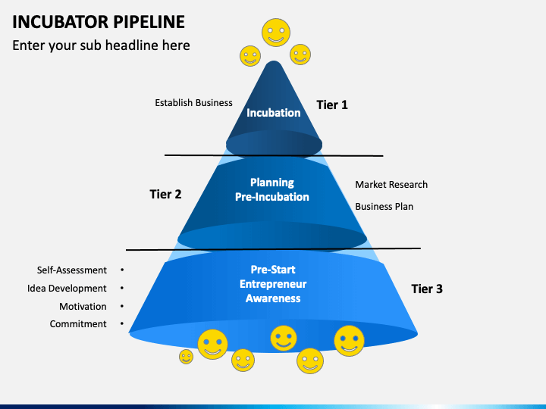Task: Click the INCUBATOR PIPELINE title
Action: click(x=99, y=22)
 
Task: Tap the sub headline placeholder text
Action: click(x=101, y=45)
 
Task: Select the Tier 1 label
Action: click(x=332, y=105)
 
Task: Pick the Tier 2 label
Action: click(x=165, y=194)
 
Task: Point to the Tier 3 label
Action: click(x=427, y=289)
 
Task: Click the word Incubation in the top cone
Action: click(x=273, y=113)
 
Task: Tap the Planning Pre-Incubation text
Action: click(x=272, y=190)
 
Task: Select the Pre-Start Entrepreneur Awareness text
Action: click(x=273, y=284)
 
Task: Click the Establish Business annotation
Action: click(x=193, y=103)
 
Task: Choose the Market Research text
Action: click(x=391, y=185)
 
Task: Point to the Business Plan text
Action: click(x=384, y=207)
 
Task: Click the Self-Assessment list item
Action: click(x=72, y=270)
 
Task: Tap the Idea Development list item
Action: click(x=67, y=289)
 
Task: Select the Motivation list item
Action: click(x=83, y=307)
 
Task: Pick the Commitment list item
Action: click(x=78, y=324)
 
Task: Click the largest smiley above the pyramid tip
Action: click(x=276, y=33)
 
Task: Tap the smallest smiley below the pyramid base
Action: click(x=187, y=357)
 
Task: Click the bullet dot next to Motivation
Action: click(x=122, y=306)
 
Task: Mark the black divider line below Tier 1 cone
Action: click(x=274, y=155)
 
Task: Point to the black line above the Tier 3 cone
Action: click(x=273, y=249)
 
